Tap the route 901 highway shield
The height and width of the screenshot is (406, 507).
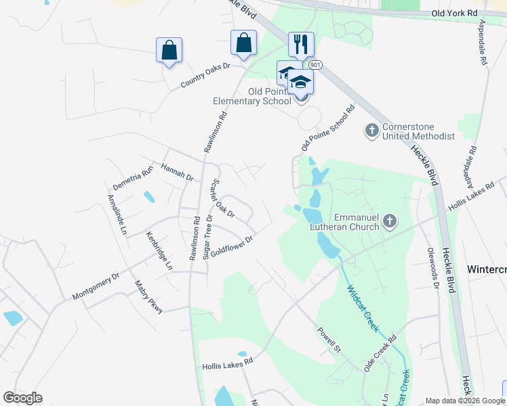click(314, 64)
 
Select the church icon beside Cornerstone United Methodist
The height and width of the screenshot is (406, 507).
click(371, 129)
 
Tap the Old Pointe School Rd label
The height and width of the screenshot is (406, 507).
click(328, 129)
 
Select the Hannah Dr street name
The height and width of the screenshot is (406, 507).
click(178, 171)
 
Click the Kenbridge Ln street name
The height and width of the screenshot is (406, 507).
click(159, 251)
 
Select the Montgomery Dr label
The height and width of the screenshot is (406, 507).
click(96, 287)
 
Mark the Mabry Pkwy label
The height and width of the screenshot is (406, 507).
click(149, 297)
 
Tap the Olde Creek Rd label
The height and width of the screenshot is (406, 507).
click(380, 351)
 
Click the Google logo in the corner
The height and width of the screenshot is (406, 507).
click(22, 398)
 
